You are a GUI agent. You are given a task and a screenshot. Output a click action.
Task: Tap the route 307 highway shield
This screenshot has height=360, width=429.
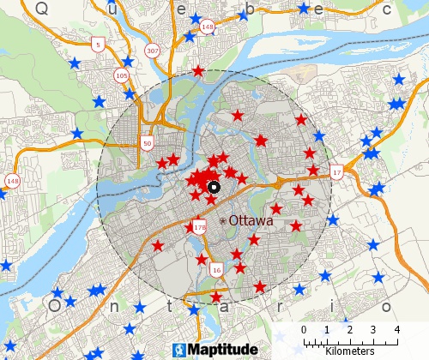(x=153, y=51)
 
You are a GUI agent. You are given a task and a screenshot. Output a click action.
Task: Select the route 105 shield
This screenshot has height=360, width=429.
(x=121, y=76)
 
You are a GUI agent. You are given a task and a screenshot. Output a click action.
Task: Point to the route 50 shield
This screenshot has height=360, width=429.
(x=148, y=142)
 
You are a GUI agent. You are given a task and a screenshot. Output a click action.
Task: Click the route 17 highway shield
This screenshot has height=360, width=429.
(x=336, y=172)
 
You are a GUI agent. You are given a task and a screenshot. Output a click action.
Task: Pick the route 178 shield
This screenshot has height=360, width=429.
(x=200, y=227)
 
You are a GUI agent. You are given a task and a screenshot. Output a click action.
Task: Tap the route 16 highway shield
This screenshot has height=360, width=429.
(x=215, y=270)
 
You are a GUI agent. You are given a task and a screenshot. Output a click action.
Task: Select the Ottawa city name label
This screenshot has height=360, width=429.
(x=251, y=220)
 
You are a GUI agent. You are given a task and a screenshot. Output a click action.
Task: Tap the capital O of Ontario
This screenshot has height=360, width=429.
(x=54, y=305)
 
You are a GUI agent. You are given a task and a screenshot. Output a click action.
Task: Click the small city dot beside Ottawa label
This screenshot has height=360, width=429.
(x=223, y=221)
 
